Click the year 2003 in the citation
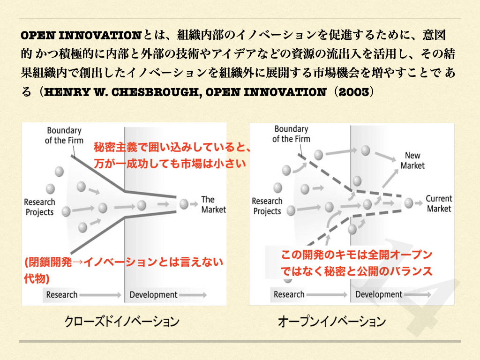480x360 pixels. click(354, 92)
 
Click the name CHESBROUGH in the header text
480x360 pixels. click(156, 92)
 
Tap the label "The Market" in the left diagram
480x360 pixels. click(213, 204)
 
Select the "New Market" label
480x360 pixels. click(412, 160)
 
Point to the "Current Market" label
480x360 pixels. click(439, 203)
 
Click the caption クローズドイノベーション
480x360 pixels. click(122, 322)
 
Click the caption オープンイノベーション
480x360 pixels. click(331, 322)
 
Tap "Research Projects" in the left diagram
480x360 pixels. click(39, 207)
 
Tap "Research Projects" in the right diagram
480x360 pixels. click(267, 206)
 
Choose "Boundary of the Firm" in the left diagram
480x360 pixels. click(64, 135)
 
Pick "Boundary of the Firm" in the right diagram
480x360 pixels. click(291, 134)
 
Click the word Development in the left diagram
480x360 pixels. click(153, 295)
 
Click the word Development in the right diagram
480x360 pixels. click(379, 294)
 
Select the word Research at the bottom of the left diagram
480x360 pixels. click(62, 295)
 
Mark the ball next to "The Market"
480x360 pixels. click(184, 204)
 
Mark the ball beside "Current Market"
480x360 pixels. click(409, 202)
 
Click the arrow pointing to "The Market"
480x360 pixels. click(194, 204)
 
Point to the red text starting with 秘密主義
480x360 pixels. click(172, 155)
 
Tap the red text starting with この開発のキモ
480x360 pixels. click(357, 263)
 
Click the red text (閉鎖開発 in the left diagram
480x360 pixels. click(123, 270)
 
